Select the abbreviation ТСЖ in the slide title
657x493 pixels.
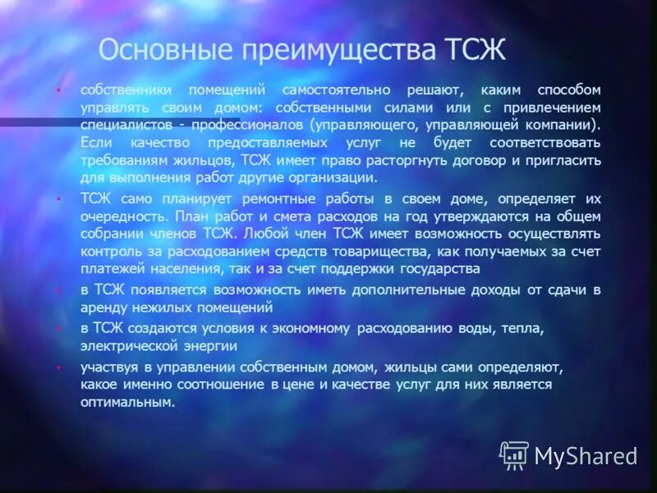(x=475, y=50)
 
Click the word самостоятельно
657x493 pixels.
(x=333, y=90)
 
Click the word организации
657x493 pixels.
(x=328, y=177)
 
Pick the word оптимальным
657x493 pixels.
(x=127, y=402)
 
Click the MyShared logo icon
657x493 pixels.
(x=514, y=455)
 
